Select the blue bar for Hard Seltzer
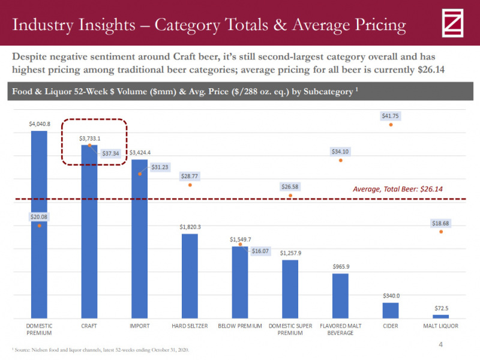click(x=190, y=276)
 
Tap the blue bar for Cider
click(x=391, y=310)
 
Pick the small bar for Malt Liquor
click(x=440, y=316)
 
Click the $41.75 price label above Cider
click(x=391, y=115)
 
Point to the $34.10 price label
click(x=340, y=151)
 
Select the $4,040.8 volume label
click(x=40, y=124)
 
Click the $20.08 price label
click(x=39, y=217)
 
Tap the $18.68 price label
click(x=440, y=223)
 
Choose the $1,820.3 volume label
click(x=190, y=227)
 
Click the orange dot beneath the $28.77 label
click(x=190, y=185)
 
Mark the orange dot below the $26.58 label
click(x=290, y=196)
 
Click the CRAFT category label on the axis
click(x=89, y=326)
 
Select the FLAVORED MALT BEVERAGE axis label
click(x=340, y=329)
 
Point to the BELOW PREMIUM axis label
click(x=240, y=326)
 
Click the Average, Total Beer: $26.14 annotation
click(x=397, y=189)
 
